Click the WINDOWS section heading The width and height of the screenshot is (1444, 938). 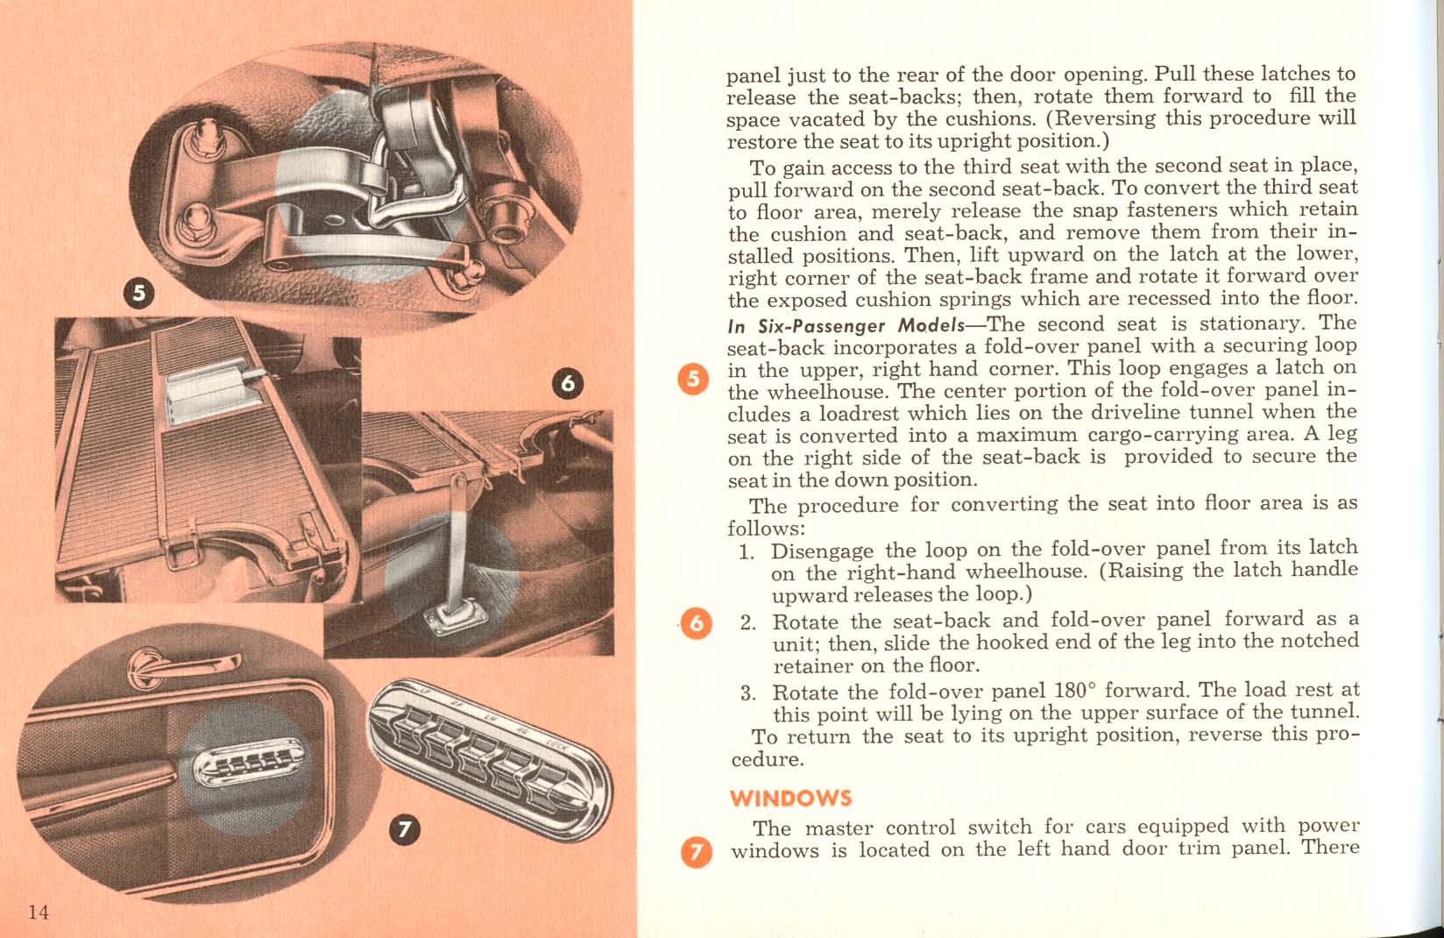pyautogui.click(x=790, y=799)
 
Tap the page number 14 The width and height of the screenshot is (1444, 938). pyautogui.click(x=38, y=913)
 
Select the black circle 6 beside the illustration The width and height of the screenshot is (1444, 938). pyautogui.click(x=568, y=385)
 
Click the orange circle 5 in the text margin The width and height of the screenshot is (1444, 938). pyautogui.click(x=695, y=380)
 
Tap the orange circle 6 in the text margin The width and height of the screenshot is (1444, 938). pyautogui.click(x=697, y=623)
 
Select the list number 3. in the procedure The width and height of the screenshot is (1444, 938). pyautogui.click(x=747, y=693)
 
